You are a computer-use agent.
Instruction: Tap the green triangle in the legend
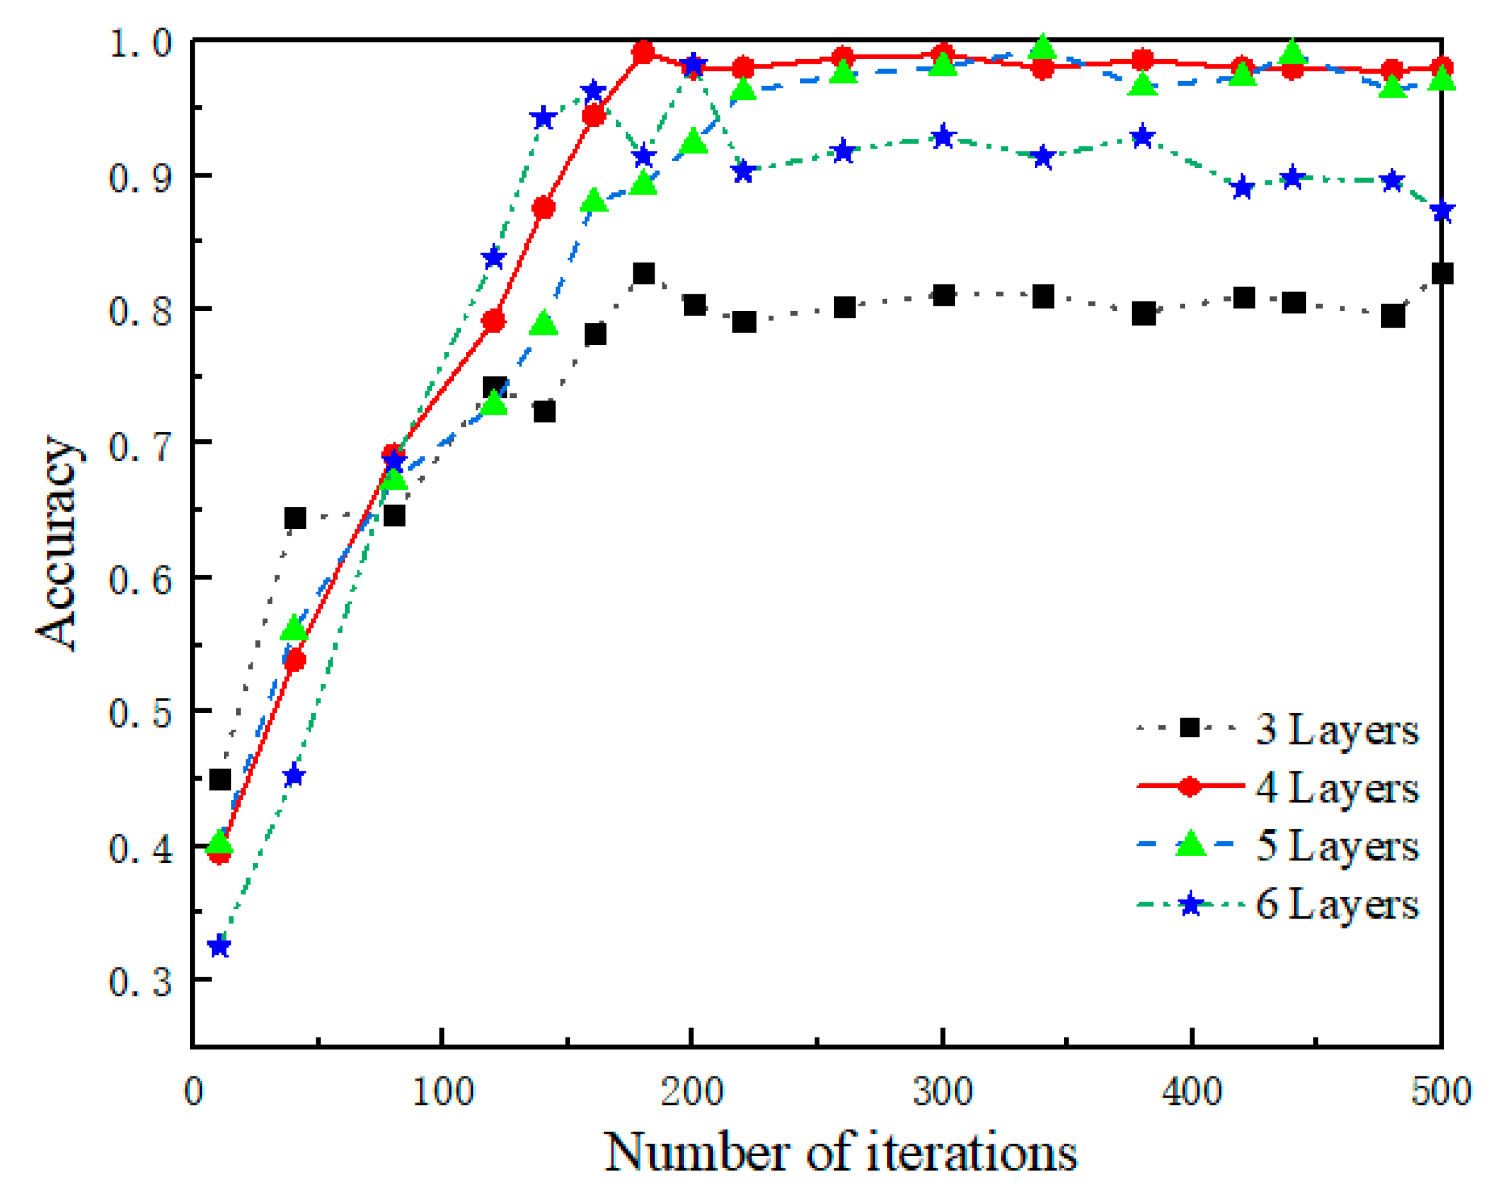coord(1190,845)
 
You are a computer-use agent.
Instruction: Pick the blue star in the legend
coord(1190,904)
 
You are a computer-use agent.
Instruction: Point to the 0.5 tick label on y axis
coord(140,712)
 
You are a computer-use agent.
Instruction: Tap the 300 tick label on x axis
coord(942,1092)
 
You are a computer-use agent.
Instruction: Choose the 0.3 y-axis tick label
coord(140,981)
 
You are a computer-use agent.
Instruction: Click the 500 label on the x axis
coord(1441,1092)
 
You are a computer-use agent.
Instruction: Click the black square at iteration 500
coord(1441,274)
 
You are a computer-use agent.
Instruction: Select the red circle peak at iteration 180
coord(643,52)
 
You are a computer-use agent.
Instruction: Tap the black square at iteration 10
coord(220,780)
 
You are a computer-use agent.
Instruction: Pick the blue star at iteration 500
coord(1441,211)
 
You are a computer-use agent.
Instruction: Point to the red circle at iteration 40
coord(295,661)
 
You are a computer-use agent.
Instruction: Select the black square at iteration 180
coord(643,274)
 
